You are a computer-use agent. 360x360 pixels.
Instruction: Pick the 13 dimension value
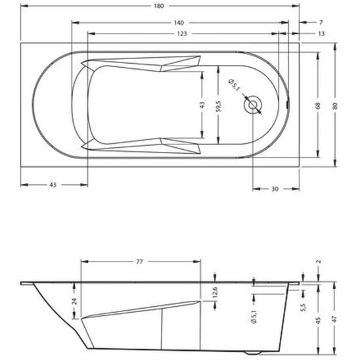click(321, 34)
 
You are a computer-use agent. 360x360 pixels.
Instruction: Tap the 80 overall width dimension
click(336, 104)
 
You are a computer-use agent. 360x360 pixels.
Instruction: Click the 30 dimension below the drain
click(275, 189)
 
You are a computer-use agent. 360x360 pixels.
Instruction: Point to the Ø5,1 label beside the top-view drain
click(234, 85)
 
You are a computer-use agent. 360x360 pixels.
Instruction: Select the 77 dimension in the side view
click(139, 261)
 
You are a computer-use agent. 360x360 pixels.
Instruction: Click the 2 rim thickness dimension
click(319, 261)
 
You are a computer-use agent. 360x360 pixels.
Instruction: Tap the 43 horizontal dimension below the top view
click(53, 185)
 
